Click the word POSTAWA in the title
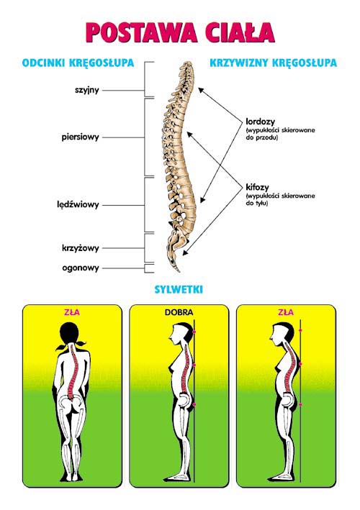(142, 32)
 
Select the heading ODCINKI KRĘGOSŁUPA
(78, 63)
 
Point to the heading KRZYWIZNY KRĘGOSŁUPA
(273, 63)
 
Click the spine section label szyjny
(87, 90)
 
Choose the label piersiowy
(80, 137)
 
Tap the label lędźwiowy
(78, 204)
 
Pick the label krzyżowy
(81, 248)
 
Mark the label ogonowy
(81, 268)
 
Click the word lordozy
(260, 122)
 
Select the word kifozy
(257, 187)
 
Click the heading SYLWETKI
(179, 289)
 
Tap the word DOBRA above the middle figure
(179, 313)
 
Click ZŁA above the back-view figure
(72, 312)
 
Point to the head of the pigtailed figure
(70, 333)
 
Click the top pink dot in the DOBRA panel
(194, 332)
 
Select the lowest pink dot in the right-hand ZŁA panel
(300, 404)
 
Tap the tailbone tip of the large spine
(179, 270)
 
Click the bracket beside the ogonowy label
(148, 268)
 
